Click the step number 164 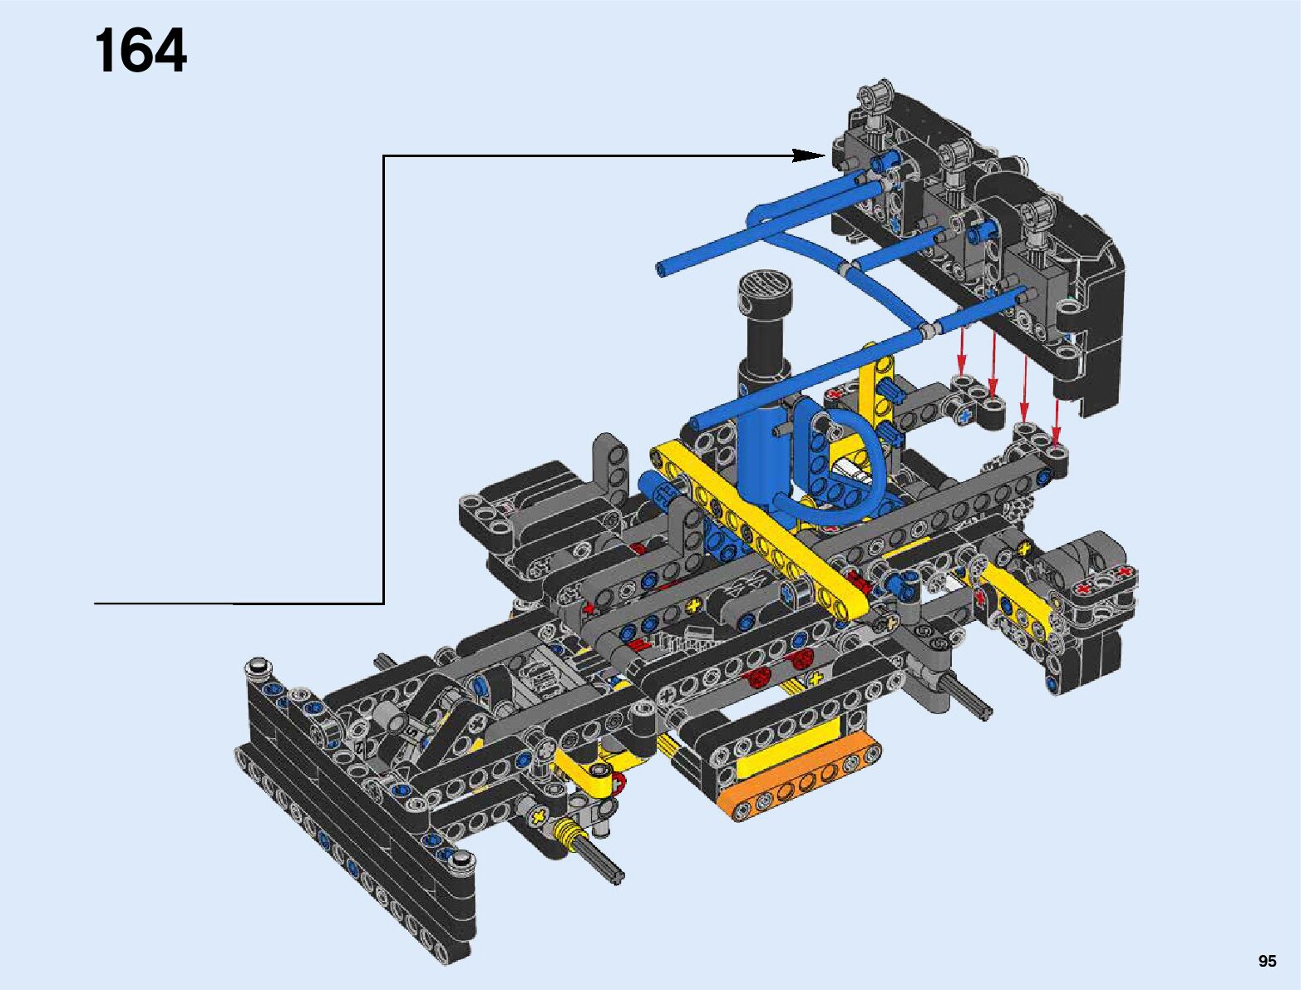(140, 51)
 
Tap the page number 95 (1267, 961)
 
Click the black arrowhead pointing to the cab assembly (810, 155)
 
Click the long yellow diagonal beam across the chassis (759, 534)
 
